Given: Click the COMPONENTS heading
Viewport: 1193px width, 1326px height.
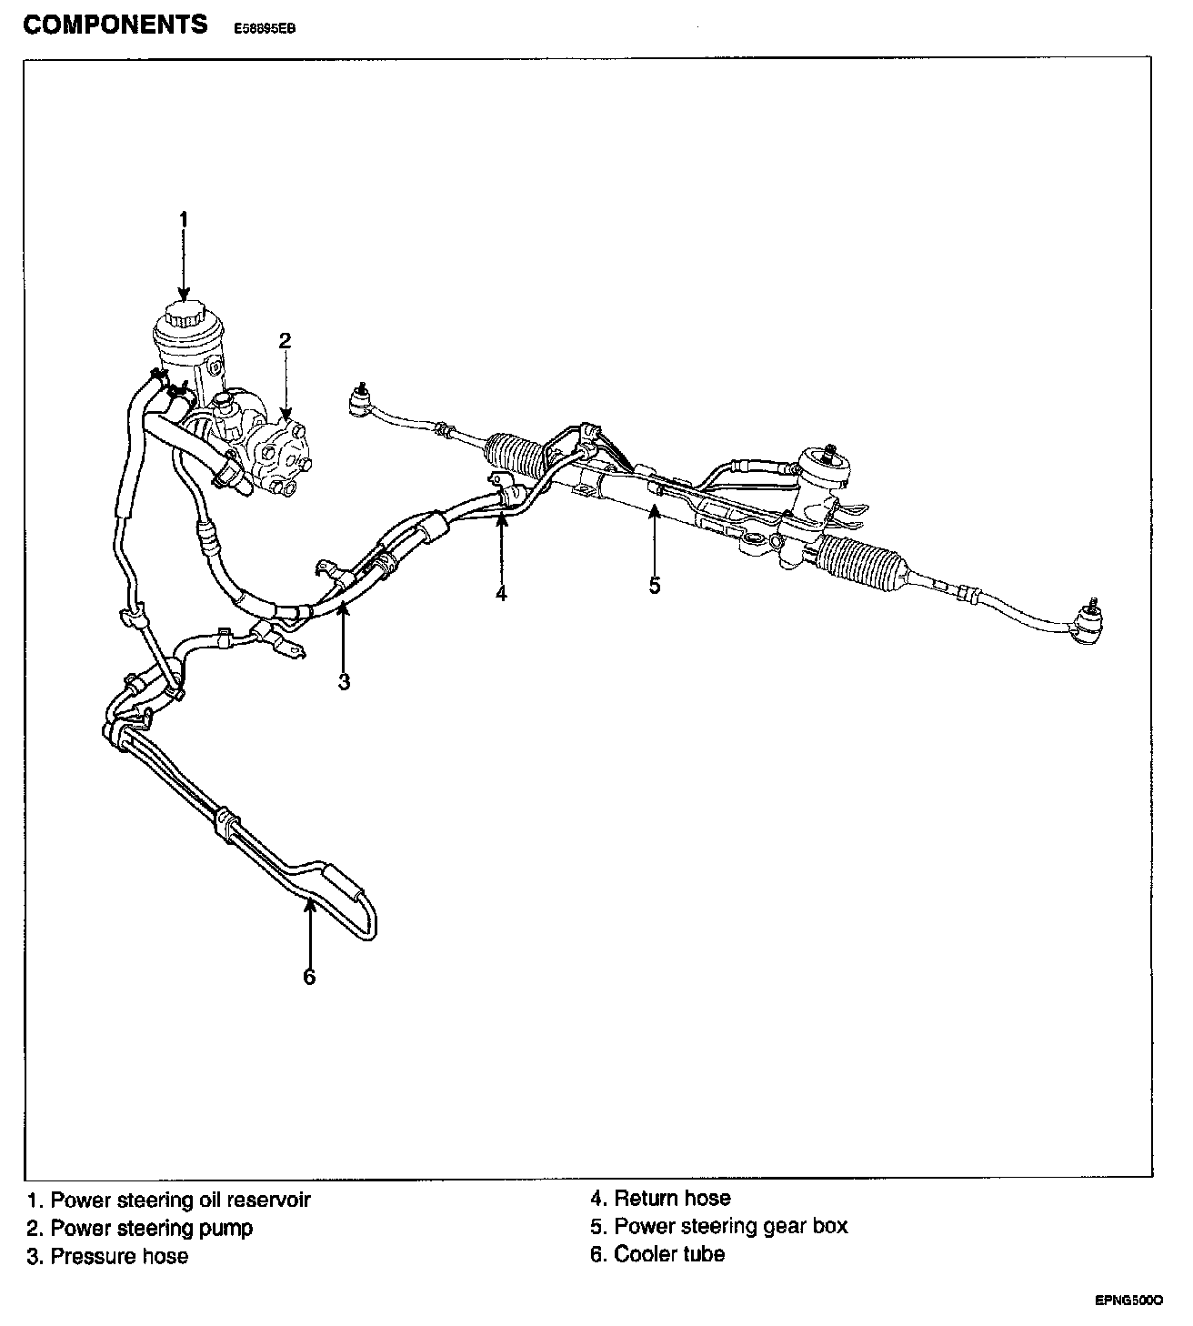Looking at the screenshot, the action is click(x=115, y=25).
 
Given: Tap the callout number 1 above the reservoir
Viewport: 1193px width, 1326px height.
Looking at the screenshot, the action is click(x=183, y=219).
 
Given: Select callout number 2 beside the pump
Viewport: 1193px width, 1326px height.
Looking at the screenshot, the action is click(x=285, y=340).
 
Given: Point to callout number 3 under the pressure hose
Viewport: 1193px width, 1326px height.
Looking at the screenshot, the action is click(x=344, y=682).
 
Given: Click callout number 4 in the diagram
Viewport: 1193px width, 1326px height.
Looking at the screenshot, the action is click(x=501, y=593).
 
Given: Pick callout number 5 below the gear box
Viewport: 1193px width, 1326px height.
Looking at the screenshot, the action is click(x=655, y=585).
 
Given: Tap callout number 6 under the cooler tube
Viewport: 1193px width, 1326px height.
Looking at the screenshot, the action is click(x=309, y=977).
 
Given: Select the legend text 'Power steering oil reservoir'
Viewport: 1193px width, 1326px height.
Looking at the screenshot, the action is click(x=180, y=1200).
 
